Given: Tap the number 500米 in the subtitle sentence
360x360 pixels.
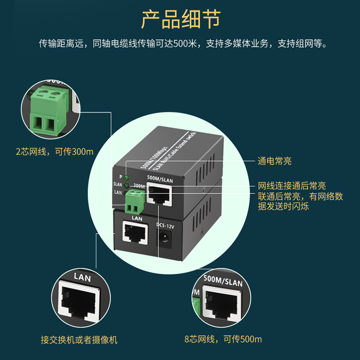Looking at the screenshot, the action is point(184,44).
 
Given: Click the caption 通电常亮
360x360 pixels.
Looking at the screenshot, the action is point(274,161).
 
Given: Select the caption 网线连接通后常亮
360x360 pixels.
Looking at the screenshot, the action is point(292,186).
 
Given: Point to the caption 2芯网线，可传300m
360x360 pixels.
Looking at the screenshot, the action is point(54,151).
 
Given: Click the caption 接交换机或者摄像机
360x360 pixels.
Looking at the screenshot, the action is point(79,340).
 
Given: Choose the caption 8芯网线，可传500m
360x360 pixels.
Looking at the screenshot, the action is point(223,340).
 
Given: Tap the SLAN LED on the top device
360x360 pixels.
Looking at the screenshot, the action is point(127,185).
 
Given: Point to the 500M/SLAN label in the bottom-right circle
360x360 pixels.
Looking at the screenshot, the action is point(223,283).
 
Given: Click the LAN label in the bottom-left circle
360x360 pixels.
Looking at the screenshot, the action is point(82,278).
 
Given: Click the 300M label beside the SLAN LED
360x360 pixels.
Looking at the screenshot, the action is point(139,186).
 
